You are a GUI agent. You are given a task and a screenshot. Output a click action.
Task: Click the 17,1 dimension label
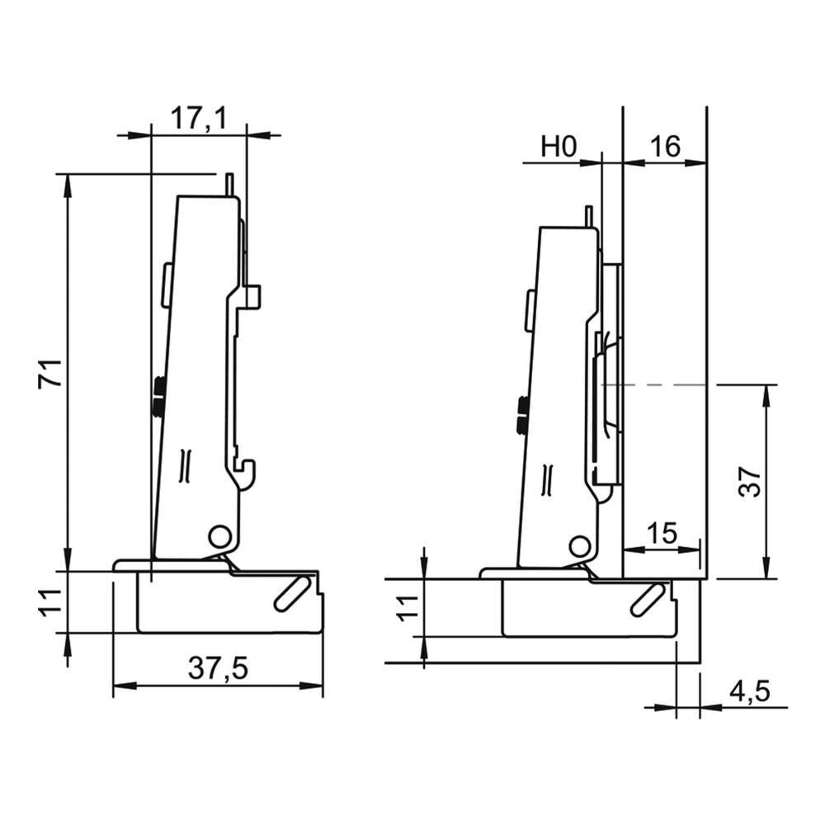click(199, 118)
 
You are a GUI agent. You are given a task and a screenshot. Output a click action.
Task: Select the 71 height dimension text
click(50, 374)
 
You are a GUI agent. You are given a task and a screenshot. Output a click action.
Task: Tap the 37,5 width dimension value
click(218, 669)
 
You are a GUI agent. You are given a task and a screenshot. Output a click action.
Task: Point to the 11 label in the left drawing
click(50, 603)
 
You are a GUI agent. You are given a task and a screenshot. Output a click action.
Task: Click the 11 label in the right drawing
click(408, 608)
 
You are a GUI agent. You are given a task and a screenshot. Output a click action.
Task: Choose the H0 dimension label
click(559, 146)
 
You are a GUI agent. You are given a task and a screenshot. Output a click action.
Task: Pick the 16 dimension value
click(665, 146)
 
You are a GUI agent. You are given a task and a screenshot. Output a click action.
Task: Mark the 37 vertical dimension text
click(749, 481)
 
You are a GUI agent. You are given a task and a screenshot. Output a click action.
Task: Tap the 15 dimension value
click(662, 534)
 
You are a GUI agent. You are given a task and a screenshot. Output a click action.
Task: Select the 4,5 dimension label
click(749, 691)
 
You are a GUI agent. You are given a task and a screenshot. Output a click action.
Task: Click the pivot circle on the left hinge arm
click(219, 537)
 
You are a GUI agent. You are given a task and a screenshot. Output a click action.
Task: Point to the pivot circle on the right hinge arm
click(579, 547)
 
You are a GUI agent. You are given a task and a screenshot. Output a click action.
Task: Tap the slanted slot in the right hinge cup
click(647, 599)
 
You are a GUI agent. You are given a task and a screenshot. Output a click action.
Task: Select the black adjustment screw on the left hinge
click(158, 395)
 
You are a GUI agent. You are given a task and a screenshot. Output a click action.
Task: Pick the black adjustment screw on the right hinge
click(522, 415)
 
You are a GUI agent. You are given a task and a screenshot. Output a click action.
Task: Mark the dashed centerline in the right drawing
click(654, 384)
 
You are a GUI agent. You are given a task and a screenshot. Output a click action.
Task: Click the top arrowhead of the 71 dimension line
click(68, 185)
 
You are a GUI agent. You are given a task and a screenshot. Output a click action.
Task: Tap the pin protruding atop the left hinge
click(229, 185)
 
